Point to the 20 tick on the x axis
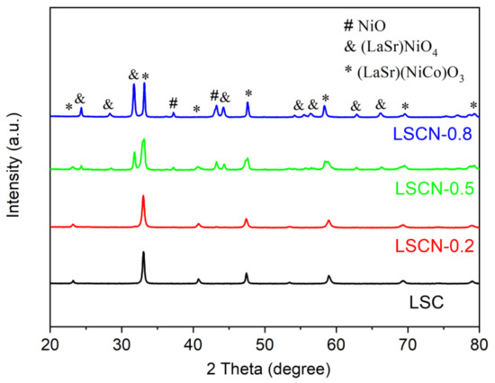50,343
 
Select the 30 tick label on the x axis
121,343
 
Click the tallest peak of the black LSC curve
143,253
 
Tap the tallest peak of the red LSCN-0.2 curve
143,197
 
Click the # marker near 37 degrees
174,102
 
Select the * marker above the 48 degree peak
248,94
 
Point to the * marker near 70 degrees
405,106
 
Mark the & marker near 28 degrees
108,103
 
